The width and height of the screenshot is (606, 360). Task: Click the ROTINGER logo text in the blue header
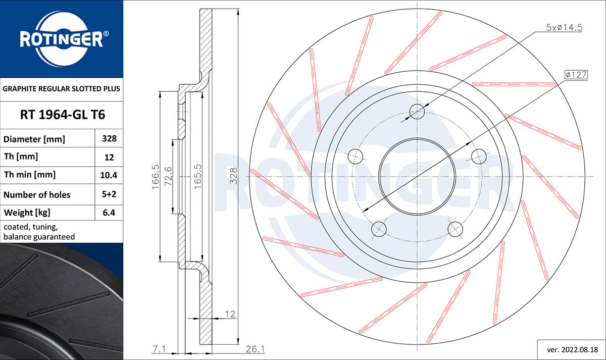tap(61, 39)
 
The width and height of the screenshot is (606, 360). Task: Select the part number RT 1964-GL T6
tap(62, 115)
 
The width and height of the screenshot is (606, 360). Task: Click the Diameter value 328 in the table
tap(109, 139)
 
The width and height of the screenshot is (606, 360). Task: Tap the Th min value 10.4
tap(109, 175)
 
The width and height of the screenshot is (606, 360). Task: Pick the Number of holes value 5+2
tap(109, 194)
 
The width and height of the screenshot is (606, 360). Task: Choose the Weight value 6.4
tap(109, 213)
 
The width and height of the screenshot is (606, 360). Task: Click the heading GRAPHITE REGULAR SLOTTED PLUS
tap(62, 89)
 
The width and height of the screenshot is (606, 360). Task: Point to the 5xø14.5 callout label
tap(564, 28)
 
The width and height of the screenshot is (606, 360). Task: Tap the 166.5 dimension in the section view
tap(156, 177)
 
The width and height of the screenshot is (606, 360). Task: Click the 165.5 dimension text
tap(198, 177)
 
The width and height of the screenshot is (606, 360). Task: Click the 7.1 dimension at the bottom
tap(158, 349)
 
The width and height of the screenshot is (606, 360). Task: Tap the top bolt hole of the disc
tap(417, 111)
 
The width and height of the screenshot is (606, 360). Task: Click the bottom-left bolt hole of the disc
tap(379, 230)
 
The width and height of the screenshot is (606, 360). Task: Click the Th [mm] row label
tap(21, 157)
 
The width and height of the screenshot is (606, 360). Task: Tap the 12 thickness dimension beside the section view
tap(230, 314)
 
